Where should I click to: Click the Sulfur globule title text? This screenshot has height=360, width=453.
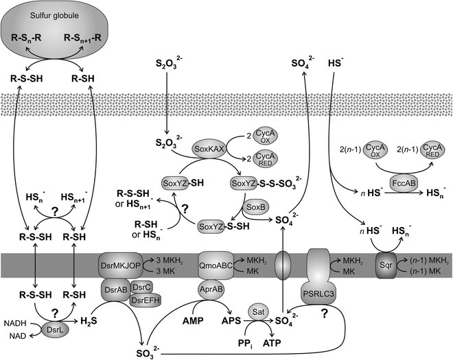coord(56,14)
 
